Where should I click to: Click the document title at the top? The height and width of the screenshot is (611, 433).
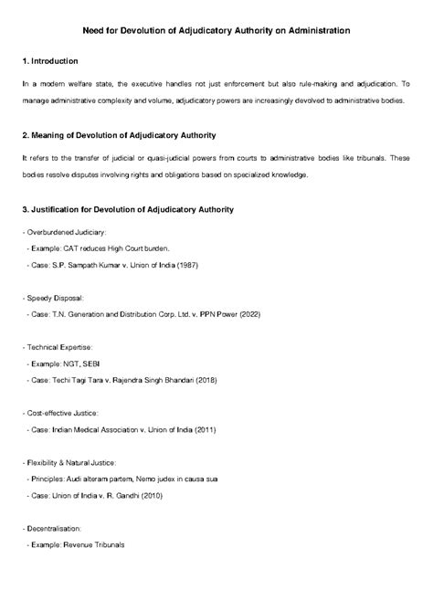pos(216,30)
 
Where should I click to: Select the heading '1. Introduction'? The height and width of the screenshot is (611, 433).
pos(54,60)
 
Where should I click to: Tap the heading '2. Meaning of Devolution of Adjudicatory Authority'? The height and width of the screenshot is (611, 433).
pos(118,135)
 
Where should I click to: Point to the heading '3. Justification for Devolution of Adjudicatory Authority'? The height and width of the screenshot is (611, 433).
pos(127,210)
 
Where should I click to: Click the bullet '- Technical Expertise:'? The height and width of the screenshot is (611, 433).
pos(58,347)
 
